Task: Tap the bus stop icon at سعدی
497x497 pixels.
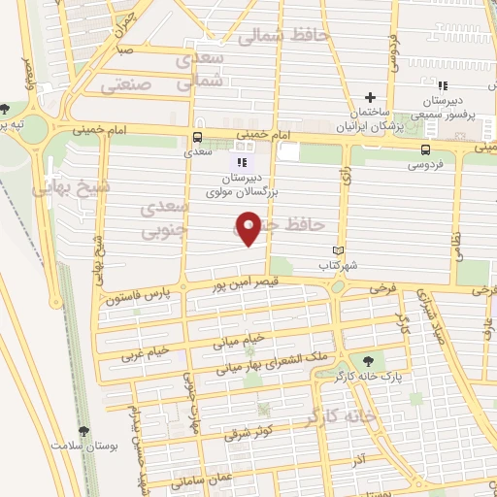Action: pos(199,137)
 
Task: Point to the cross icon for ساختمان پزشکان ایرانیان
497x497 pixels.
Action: pos(369,98)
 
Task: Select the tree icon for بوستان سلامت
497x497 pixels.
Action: pos(82,430)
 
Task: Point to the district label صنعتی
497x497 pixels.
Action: pos(122,85)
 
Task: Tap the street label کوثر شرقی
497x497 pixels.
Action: pos(250,434)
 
